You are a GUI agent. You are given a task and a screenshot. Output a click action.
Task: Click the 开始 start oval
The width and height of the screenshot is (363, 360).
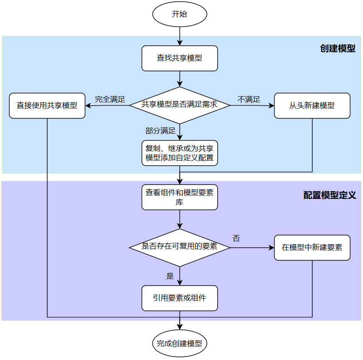click(179, 14)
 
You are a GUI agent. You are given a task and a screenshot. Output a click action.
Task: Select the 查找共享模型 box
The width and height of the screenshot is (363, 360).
click(179, 58)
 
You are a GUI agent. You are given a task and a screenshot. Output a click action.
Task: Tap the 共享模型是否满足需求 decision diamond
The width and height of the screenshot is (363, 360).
click(179, 104)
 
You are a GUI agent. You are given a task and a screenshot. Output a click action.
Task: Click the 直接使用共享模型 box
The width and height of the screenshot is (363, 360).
click(47, 105)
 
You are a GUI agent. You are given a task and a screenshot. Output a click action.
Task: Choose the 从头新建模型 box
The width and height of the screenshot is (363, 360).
click(312, 105)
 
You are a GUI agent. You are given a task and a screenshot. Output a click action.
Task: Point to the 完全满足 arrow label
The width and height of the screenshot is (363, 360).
click(110, 99)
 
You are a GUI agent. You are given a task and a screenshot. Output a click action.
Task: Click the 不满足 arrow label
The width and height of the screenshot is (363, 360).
click(249, 99)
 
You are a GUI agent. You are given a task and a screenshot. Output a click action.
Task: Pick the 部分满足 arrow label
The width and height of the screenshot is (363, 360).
click(160, 131)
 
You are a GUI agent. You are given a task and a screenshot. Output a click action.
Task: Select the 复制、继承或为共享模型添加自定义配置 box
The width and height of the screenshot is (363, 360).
click(179, 153)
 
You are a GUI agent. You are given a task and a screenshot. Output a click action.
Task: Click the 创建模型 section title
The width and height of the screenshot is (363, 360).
click(338, 48)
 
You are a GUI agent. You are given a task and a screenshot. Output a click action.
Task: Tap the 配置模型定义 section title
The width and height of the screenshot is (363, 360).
click(329, 195)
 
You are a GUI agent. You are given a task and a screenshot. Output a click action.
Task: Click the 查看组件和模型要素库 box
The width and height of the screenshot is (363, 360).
click(179, 197)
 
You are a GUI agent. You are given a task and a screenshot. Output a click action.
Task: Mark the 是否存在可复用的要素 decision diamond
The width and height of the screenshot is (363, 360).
click(179, 247)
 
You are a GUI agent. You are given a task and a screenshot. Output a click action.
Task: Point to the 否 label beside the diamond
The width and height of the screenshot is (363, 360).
click(236, 239)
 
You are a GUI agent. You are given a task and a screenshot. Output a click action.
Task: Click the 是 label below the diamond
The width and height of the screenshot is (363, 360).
click(170, 276)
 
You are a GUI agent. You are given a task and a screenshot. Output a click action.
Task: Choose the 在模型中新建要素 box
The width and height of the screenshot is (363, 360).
click(312, 247)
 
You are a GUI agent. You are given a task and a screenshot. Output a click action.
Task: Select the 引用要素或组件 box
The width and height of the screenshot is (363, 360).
click(179, 298)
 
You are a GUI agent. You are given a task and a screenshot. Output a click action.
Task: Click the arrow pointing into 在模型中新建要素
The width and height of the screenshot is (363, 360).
click(252, 247)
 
